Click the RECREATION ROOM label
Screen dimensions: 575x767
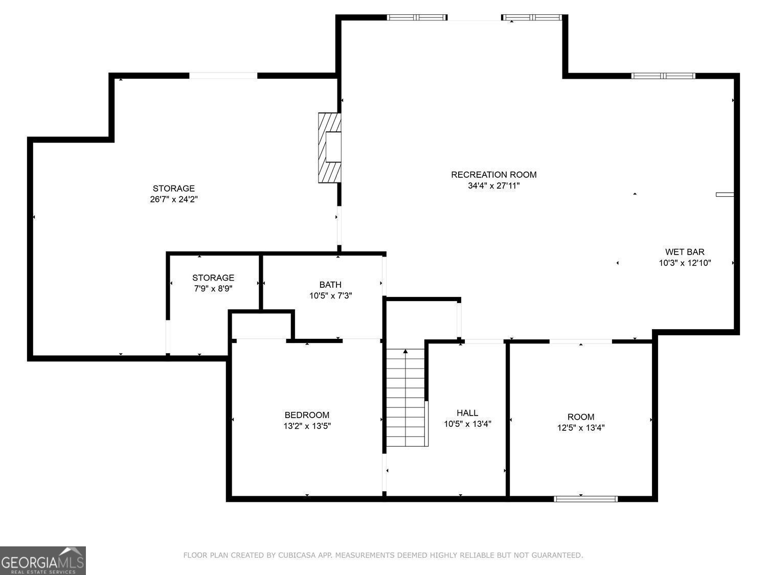493,175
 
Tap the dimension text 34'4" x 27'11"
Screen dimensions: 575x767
493,186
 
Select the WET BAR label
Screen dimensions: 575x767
685,252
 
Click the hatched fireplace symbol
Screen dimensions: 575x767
329,147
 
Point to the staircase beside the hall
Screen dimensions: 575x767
406,399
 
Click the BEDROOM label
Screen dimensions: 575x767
307,415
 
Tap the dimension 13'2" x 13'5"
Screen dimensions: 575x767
307,426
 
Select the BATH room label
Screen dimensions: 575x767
330,285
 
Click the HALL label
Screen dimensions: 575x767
467,413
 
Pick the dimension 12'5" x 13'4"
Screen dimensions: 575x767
581,428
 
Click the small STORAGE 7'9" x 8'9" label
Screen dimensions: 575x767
213,278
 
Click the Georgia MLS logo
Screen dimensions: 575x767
43,561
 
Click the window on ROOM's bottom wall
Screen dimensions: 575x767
585,499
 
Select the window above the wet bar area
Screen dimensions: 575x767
663,76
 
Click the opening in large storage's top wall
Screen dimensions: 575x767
223,76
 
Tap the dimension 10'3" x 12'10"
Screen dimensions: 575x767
685,263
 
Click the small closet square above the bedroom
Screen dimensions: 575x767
262,326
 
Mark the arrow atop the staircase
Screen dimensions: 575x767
405,351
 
